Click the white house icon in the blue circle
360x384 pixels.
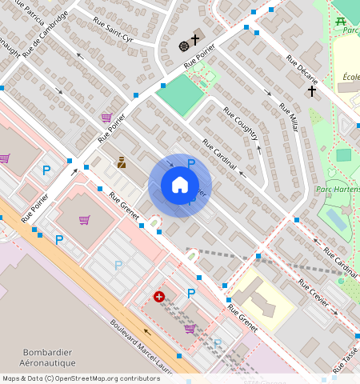pyautogui.click(x=180, y=186)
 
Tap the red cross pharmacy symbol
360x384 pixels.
pyautogui.click(x=159, y=296)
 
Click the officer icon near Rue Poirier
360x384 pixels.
pyautogui.click(x=121, y=162)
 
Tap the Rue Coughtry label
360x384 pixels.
pyautogui.click(x=241, y=125)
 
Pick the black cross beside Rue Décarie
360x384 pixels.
pyautogui.click(x=312, y=92)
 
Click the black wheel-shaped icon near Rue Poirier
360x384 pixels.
pyautogui.click(x=183, y=44)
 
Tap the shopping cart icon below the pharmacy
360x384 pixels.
pyautogui.click(x=190, y=328)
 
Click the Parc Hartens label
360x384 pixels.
pyautogui.click(x=338, y=190)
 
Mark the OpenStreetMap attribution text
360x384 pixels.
pyautogui.click(x=80, y=378)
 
